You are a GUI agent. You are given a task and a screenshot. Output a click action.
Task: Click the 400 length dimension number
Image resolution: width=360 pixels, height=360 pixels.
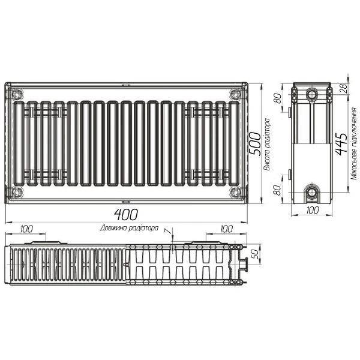coord(126,214)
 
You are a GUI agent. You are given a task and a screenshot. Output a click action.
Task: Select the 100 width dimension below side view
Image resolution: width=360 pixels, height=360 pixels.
coord(312,211)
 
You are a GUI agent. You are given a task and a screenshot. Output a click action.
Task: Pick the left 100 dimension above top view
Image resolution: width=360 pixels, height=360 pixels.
coord(26,229)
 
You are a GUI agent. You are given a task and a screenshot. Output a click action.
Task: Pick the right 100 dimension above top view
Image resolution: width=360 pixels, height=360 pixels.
coord(226,229)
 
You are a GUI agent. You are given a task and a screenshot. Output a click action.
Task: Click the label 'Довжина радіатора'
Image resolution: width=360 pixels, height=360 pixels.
coord(130,228)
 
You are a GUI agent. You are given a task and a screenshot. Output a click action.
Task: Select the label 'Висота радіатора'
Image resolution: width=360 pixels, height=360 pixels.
coord(267,144)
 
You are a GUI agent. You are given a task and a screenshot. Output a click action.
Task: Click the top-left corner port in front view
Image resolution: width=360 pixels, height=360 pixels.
coord(17,94)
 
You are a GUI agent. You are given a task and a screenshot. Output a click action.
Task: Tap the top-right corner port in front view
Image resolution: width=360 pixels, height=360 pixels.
coord(235,94)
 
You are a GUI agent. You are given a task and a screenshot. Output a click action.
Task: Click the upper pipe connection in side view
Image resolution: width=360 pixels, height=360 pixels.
coord(312,95)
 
